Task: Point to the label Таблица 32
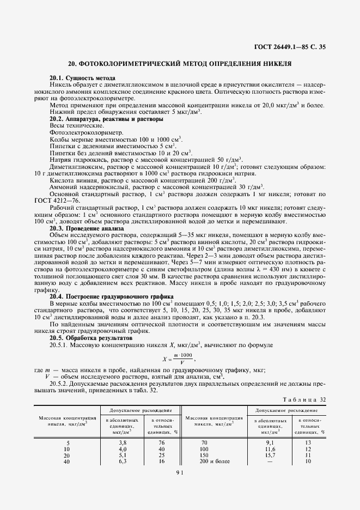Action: (x=307, y=399)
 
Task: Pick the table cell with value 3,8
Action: (x=123, y=442)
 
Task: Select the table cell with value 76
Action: (x=162, y=442)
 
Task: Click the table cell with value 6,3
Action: (x=123, y=462)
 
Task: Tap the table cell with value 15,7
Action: (x=270, y=455)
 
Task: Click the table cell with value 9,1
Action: (x=270, y=442)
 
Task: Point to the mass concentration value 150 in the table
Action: (x=205, y=455)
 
